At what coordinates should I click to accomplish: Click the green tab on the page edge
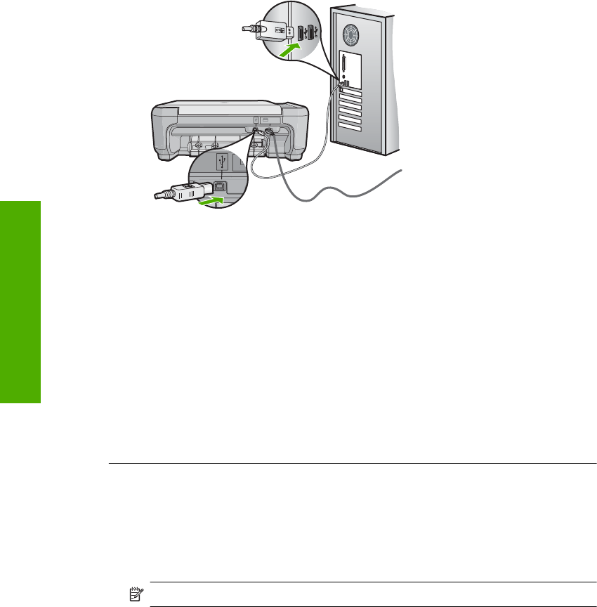(20, 301)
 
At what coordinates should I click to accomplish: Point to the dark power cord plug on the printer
(268, 133)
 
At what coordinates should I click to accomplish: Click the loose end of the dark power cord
(401, 171)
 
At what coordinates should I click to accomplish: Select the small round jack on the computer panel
(342, 76)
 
